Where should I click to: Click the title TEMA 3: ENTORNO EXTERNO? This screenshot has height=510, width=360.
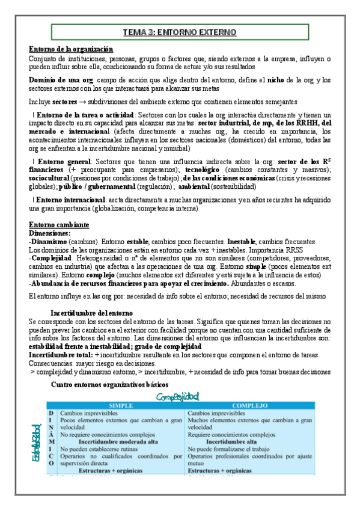[x=180, y=32]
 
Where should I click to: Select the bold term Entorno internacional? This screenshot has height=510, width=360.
[x=71, y=199]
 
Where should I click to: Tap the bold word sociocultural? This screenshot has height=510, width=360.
[x=49, y=179]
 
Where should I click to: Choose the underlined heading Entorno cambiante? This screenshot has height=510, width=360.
[x=59, y=224]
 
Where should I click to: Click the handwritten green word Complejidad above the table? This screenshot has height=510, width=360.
[x=178, y=397]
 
